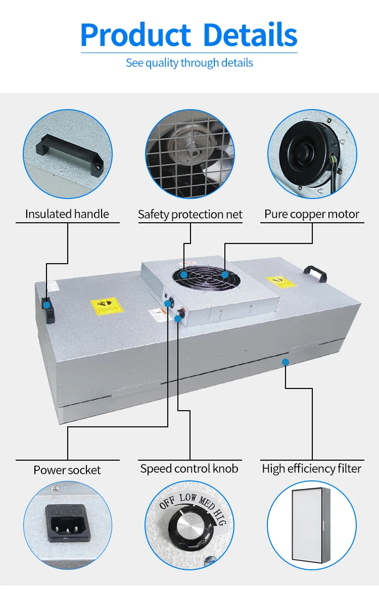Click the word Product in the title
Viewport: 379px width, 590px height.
135,35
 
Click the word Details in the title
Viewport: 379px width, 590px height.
250,35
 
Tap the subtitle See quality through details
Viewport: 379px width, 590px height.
189,63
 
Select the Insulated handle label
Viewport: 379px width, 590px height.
67,214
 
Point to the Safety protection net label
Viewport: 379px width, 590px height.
190,215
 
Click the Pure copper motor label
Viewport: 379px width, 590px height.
312,214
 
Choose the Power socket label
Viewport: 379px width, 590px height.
67,470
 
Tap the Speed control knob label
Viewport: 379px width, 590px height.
189,469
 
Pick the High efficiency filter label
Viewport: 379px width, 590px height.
311,469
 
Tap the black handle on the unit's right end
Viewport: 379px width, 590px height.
314,274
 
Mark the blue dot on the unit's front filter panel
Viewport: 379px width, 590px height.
286,362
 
